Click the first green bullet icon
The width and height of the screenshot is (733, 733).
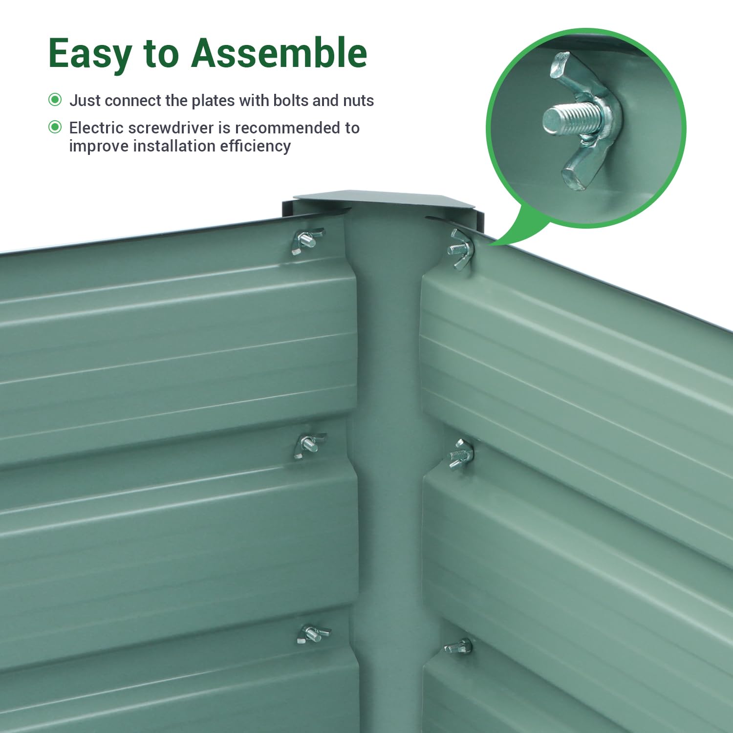point(55,100)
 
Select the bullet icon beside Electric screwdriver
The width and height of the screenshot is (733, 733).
point(55,127)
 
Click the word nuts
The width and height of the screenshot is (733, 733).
point(358,101)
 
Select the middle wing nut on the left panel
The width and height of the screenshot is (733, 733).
point(309,446)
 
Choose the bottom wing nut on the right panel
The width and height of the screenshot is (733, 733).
point(458,647)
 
